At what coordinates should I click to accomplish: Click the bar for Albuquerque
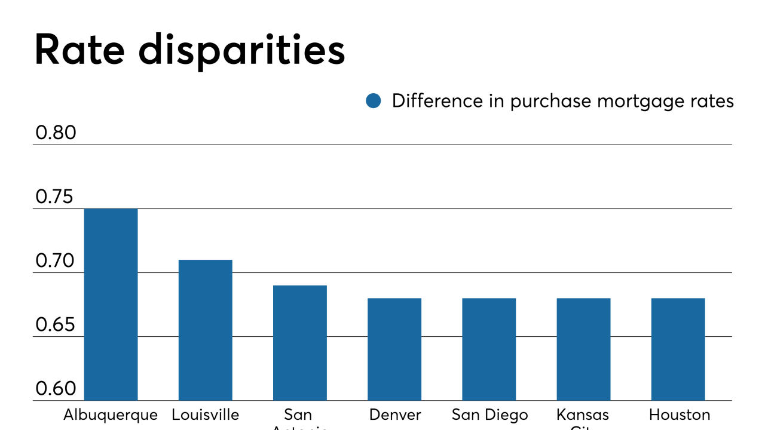[111, 305]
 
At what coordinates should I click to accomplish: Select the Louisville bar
[205, 330]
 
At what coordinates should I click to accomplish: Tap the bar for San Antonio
[300, 343]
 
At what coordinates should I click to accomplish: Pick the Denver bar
[394, 349]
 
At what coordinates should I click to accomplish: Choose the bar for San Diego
[489, 349]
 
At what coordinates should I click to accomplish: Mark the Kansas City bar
[583, 349]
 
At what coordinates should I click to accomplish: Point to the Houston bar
[678, 349]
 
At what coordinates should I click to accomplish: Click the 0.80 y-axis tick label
[56, 133]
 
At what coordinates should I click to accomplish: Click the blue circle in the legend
[374, 101]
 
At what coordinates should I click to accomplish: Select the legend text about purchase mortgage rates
[562, 101]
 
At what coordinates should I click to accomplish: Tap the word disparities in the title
[241, 50]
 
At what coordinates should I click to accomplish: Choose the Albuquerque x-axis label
[111, 415]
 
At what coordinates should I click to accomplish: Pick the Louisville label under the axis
[205, 415]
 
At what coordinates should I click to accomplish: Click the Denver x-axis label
[394, 415]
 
